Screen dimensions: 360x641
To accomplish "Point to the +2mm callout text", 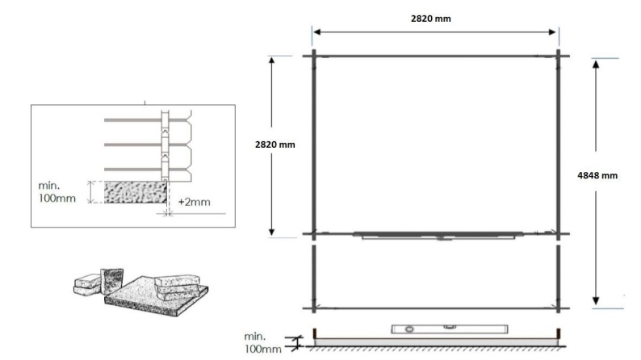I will (x=194, y=202).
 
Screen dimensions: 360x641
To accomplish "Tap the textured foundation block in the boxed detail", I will (x=135, y=192).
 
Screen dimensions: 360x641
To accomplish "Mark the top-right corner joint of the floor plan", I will (x=559, y=56).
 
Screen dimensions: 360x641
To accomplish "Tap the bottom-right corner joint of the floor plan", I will (x=559, y=308).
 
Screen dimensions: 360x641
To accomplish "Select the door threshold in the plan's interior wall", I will (x=436, y=236).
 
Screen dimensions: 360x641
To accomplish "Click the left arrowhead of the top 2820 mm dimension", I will (x=316, y=31).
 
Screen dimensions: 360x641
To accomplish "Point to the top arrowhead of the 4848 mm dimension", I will (x=595, y=62).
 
